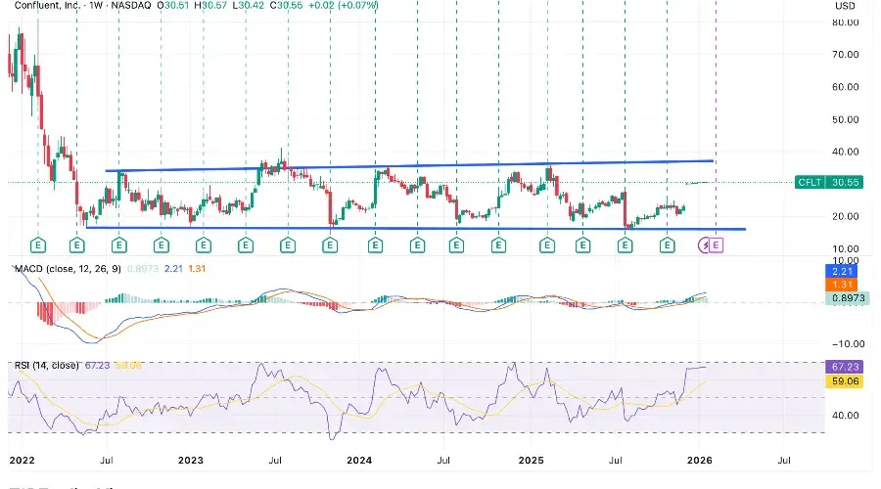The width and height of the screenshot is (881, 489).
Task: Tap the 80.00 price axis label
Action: coord(846,22)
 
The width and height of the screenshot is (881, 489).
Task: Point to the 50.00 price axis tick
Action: coord(846,119)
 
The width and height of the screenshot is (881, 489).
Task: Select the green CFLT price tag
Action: coord(810,182)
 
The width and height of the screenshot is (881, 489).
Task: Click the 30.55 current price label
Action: coord(846,182)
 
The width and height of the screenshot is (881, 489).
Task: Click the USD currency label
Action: coord(845,7)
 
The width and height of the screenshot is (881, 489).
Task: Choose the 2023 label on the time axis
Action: coord(191,458)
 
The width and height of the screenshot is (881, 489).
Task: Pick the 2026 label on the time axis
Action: coord(699,458)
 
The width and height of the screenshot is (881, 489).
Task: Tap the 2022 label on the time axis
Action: coord(22,458)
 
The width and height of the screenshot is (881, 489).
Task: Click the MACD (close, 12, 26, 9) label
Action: coord(67,268)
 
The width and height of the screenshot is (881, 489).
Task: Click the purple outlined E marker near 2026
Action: coord(716,244)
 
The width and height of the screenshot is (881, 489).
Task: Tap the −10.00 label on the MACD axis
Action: coord(846,343)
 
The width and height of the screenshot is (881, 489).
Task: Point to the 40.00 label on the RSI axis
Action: coord(846,415)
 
